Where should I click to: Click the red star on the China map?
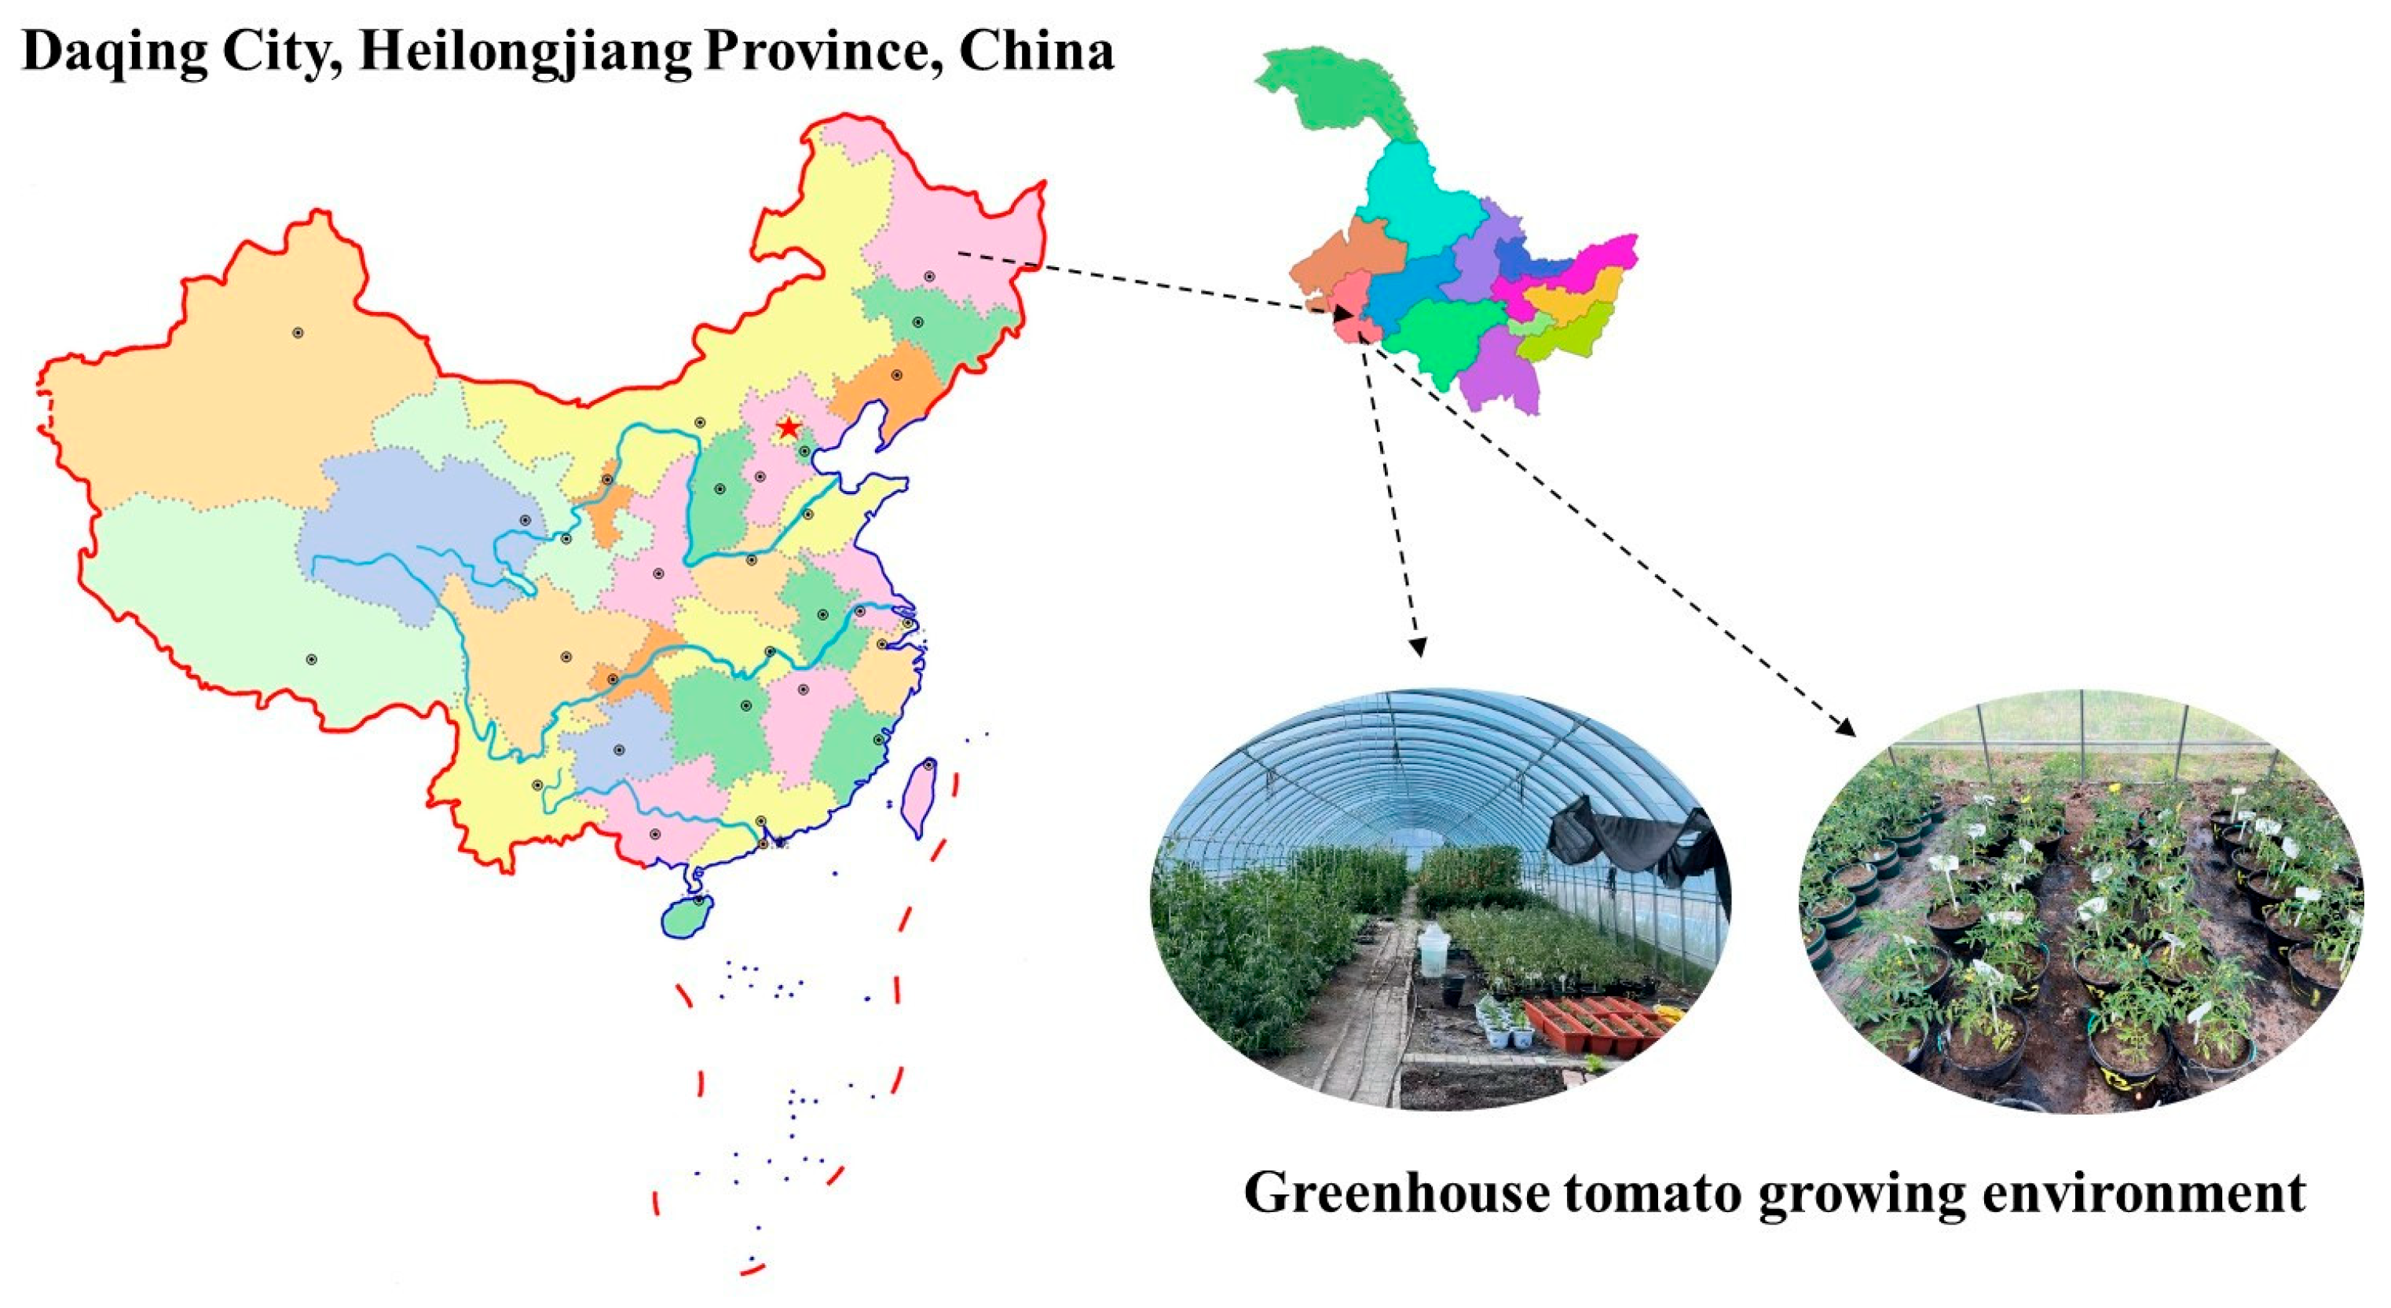788,428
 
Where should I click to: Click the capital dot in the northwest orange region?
297,332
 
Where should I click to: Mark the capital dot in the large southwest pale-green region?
311,659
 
